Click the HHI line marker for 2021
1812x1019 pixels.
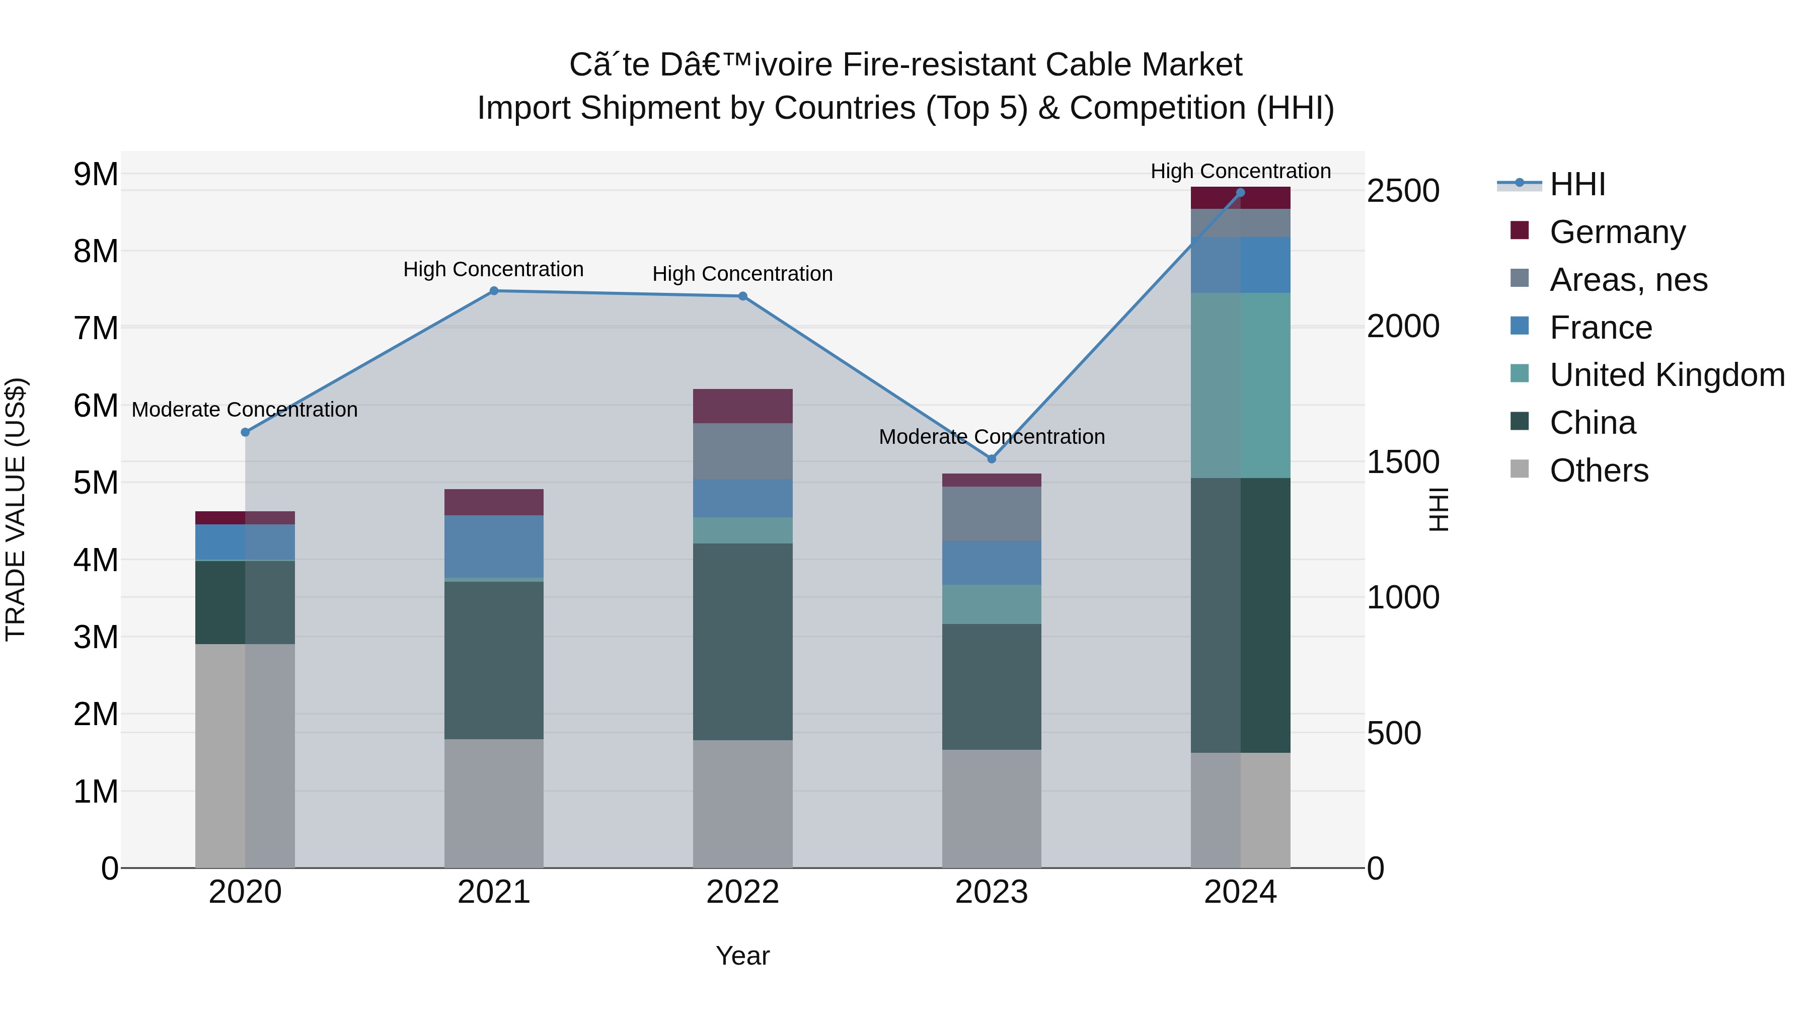(494, 291)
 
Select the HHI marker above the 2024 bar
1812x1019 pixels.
(1240, 193)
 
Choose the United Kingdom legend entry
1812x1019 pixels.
(1667, 375)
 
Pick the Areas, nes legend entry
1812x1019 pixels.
(1628, 280)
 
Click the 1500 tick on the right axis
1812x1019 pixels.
(1403, 462)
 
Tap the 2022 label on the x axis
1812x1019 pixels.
(743, 892)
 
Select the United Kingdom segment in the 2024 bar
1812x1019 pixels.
(1240, 385)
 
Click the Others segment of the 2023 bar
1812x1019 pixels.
(992, 809)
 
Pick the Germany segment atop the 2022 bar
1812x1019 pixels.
(743, 406)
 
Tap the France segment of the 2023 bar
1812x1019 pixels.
(992, 563)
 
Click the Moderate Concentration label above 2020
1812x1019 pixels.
(245, 409)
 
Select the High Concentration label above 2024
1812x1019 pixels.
(1240, 171)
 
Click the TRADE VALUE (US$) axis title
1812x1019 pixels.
(16, 509)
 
